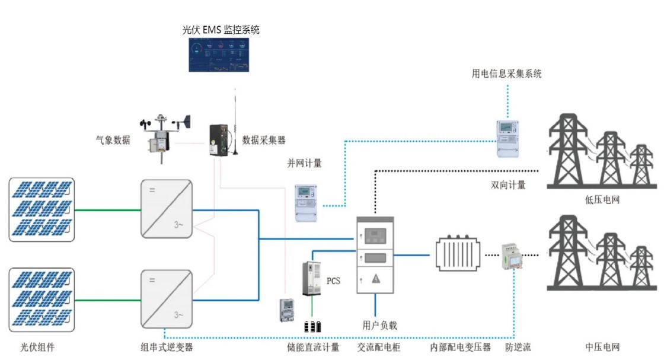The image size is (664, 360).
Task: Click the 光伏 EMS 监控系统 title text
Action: [220, 29]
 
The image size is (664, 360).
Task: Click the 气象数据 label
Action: [113, 140]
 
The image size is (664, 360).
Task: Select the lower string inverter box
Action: [166, 298]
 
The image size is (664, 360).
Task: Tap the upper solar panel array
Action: [42, 209]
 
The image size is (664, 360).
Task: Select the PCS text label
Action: [333, 281]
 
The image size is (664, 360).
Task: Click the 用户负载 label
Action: [379, 325]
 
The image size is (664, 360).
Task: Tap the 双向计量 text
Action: [508, 185]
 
